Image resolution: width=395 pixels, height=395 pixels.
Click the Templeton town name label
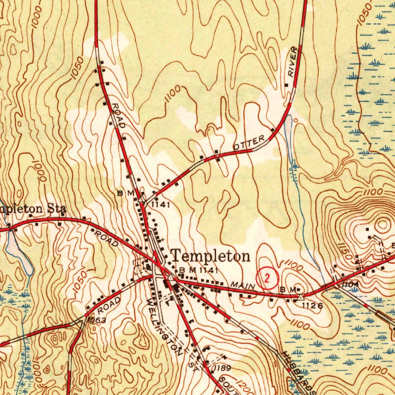(210, 256)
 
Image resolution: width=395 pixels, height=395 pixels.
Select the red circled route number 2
(267, 277)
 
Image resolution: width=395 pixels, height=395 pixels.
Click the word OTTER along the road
(249, 142)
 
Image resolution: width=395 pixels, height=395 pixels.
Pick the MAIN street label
(243, 286)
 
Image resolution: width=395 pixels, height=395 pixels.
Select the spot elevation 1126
(312, 306)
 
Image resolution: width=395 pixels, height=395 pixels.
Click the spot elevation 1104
(349, 284)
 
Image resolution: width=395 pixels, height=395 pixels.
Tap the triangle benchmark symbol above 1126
(300, 297)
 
